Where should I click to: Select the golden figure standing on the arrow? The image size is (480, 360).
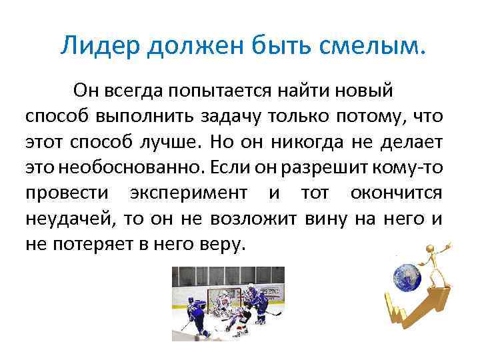point(441,267)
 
